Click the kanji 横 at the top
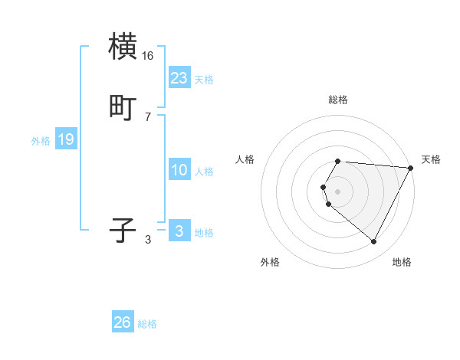pyautogui.click(x=123, y=47)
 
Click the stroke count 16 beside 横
pyautogui.click(x=148, y=56)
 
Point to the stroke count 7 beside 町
pyautogui.click(x=148, y=117)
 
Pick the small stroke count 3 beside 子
pyautogui.click(x=148, y=240)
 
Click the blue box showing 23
pyautogui.click(x=179, y=77)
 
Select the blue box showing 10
pyautogui.click(x=179, y=170)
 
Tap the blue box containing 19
pyautogui.click(x=66, y=139)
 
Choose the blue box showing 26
pyautogui.click(x=123, y=322)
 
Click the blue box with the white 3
pyautogui.click(x=179, y=231)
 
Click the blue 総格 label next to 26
pyautogui.click(x=147, y=324)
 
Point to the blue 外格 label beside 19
pyautogui.click(x=41, y=141)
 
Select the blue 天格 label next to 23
pyautogui.click(x=204, y=79)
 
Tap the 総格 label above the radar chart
pyautogui.click(x=338, y=100)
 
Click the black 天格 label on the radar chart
pyautogui.click(x=431, y=159)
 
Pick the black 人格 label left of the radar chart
pyautogui.click(x=245, y=159)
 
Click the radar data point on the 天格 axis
pyautogui.click(x=411, y=168)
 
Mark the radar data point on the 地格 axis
pyautogui.click(x=374, y=241)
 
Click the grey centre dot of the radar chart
pyautogui.click(x=338, y=191)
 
